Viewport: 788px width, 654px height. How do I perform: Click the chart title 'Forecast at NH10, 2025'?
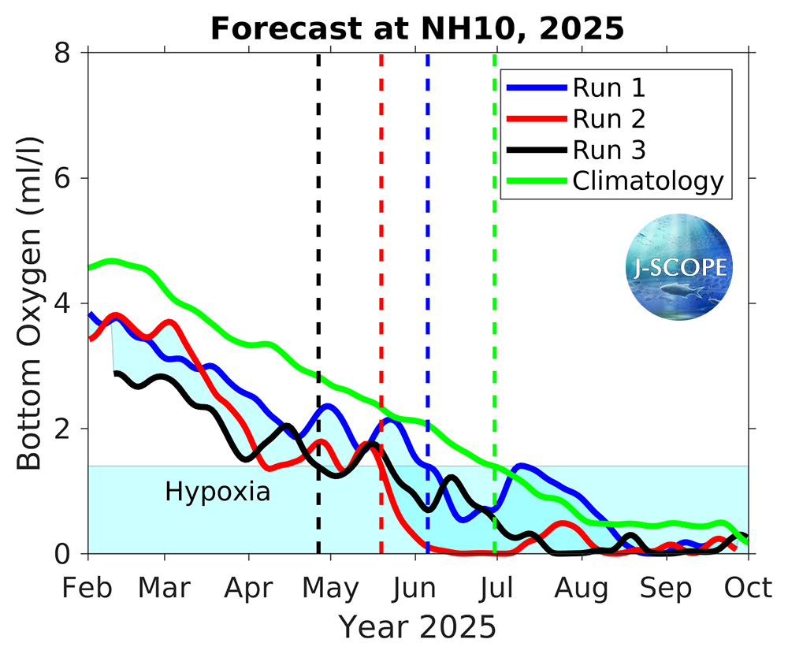pos(417,29)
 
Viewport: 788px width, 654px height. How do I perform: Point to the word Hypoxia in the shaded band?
pos(217,492)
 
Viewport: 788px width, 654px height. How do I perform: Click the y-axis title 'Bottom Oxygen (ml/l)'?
pos(30,303)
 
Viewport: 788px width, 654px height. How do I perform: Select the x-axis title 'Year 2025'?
pos(418,628)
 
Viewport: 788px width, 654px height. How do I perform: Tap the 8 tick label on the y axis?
pos(65,53)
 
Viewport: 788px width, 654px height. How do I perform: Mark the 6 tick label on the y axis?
pos(65,178)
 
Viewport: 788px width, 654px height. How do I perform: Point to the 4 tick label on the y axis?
pos(65,303)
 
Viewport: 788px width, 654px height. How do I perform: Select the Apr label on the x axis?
pos(249,588)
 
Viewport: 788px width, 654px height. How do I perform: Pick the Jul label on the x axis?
pos(496,588)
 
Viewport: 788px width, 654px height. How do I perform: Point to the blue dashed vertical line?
pos(427,236)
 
